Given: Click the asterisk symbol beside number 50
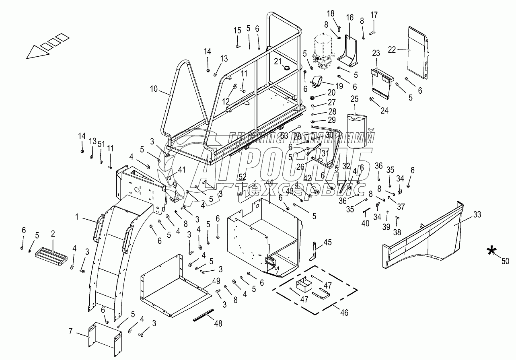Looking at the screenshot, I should (491, 251).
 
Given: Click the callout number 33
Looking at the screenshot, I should (477, 214).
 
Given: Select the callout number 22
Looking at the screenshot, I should (392, 49).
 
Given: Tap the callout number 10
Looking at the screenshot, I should (154, 89).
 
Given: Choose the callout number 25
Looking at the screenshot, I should (354, 99).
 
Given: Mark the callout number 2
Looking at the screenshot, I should (52, 234).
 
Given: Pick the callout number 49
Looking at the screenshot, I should (216, 280).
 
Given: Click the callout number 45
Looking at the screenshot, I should (328, 242).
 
